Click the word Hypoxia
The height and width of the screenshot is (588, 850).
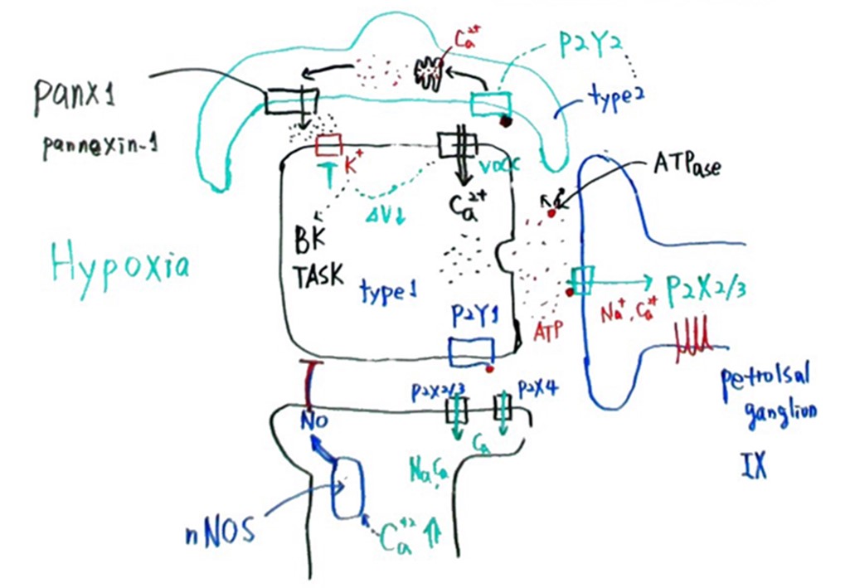tap(119, 265)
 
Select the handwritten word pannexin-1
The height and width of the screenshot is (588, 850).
tap(100, 147)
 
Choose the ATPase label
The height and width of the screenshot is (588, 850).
tap(685, 167)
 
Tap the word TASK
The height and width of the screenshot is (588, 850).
tap(318, 275)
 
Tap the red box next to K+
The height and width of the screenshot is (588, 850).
tap(328, 146)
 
